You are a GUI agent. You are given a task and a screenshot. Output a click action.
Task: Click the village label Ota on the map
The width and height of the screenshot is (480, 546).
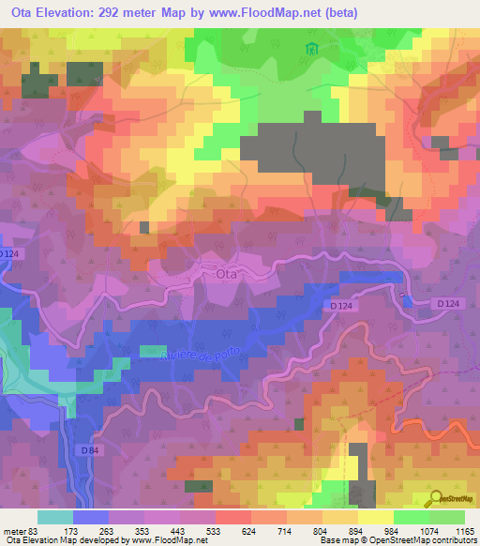click(x=227, y=274)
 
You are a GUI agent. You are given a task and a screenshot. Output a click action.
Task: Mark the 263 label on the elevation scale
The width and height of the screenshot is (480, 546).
click(x=109, y=530)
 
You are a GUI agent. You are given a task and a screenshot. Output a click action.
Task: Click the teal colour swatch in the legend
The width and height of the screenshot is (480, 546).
click(x=54, y=517)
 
